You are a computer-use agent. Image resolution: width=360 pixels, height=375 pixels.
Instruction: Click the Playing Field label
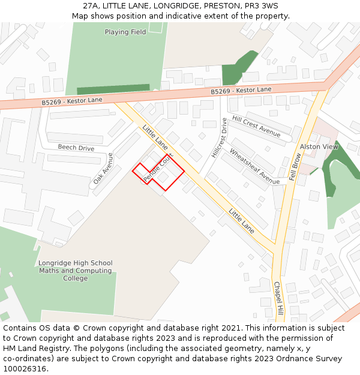pyautogui.click(x=125, y=32)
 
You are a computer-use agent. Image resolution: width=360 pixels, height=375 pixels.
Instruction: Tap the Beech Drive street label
pyautogui.click(x=76, y=148)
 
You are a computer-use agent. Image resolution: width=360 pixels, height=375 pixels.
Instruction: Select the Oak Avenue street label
pyautogui.click(x=103, y=167)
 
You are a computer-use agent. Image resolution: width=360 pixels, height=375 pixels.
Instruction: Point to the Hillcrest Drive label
pyautogui.click(x=220, y=138)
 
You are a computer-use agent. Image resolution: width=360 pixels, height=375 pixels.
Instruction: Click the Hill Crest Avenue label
pyautogui.click(x=256, y=127)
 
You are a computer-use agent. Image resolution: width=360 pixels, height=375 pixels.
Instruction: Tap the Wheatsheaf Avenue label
pyautogui.click(x=254, y=166)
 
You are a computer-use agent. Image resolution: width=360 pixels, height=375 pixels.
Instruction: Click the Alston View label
pyautogui.click(x=319, y=146)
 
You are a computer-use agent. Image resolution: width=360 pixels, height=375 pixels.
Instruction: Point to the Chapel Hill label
pyautogui.click(x=278, y=299)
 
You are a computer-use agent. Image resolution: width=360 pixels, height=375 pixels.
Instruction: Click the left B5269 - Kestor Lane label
pyautogui.click(x=72, y=101)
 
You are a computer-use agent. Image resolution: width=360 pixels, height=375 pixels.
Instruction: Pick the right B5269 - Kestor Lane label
pyautogui.click(x=241, y=91)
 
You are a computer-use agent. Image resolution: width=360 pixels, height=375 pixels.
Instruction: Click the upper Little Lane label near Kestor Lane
pyautogui.click(x=155, y=137)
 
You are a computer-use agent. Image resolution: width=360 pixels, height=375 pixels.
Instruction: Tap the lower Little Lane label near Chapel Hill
pyautogui.click(x=241, y=220)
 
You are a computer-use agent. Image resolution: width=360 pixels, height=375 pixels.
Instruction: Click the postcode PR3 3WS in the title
pyautogui.click(x=261, y=6)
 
